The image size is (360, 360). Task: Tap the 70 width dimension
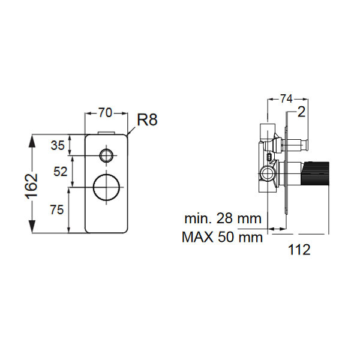tap(106, 112)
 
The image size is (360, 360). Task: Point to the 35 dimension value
tap(58, 145)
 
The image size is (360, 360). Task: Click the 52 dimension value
tap(60, 171)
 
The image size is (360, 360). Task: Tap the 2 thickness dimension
tap(302, 112)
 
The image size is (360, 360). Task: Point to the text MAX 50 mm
tap(222, 237)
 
